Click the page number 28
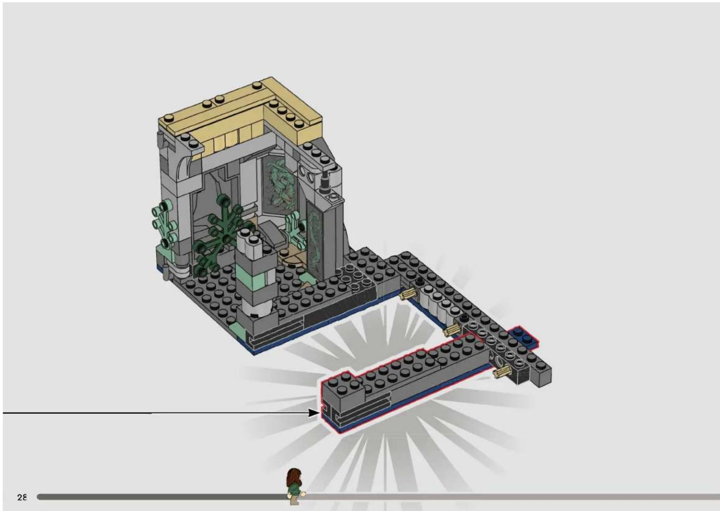click(22, 497)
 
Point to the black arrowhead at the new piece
click(314, 413)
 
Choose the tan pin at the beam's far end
click(501, 372)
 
